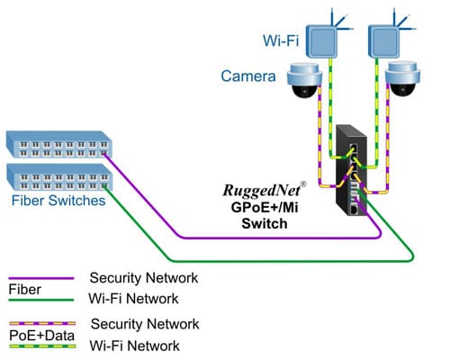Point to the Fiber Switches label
[x=56, y=202]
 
